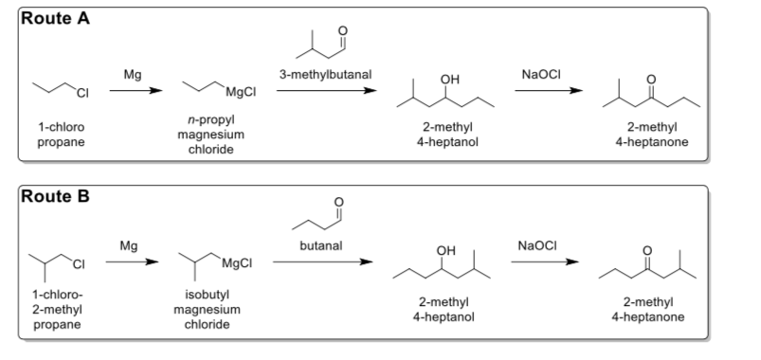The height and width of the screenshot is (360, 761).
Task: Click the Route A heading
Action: pyautogui.click(x=55, y=18)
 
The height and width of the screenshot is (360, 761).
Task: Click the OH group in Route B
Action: pyautogui.click(x=435, y=249)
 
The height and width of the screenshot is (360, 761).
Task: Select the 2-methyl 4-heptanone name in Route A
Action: pyautogui.click(x=657, y=135)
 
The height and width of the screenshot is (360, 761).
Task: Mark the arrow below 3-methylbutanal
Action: pyautogui.click(x=322, y=91)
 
